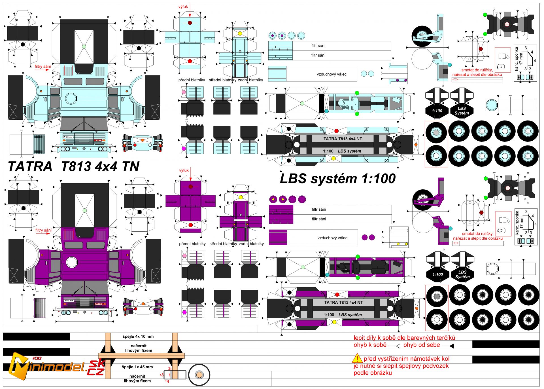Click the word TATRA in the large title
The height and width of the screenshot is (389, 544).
point(30,166)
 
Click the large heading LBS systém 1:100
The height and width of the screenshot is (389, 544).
point(337,179)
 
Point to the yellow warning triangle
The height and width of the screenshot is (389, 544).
point(357,358)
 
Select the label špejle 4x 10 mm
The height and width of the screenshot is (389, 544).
point(138,337)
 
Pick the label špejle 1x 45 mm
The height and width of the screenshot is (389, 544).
point(137,367)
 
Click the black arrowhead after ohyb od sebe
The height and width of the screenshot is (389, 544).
point(451,346)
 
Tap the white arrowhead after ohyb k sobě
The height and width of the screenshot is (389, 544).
point(398,346)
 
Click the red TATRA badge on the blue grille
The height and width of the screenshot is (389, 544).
point(98,140)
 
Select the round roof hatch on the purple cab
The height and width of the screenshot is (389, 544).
point(72,263)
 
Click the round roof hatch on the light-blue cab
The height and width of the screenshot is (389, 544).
point(71,99)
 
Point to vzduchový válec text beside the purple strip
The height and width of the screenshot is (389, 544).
point(332,238)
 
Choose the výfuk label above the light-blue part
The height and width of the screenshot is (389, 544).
point(183,7)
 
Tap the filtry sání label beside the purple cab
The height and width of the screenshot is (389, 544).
point(43,230)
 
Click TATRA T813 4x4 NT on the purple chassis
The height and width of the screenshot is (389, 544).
point(343,303)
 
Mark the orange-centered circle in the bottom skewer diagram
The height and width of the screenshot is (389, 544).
point(199,375)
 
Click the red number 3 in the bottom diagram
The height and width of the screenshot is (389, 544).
point(162,375)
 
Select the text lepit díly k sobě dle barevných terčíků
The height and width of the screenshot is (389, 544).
point(404,338)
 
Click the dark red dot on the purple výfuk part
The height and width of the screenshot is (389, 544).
point(190,187)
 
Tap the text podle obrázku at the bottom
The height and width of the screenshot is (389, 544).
point(373,373)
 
